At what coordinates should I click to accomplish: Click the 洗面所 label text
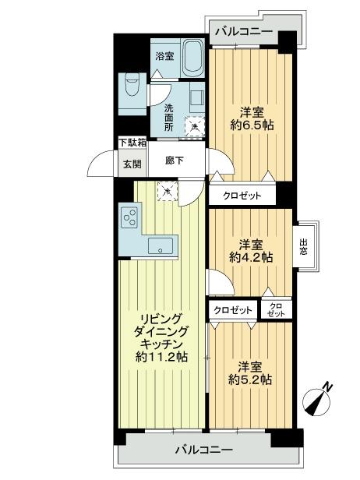(168, 117)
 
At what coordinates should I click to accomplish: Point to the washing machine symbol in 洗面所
(192, 122)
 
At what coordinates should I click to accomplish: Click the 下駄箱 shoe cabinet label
(131, 143)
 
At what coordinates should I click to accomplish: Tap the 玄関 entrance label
(131, 164)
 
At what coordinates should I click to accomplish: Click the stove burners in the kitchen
(129, 217)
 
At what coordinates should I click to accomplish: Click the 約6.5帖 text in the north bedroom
(249, 125)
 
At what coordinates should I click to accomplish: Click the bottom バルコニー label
(203, 450)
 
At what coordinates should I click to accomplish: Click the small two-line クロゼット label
(276, 309)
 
